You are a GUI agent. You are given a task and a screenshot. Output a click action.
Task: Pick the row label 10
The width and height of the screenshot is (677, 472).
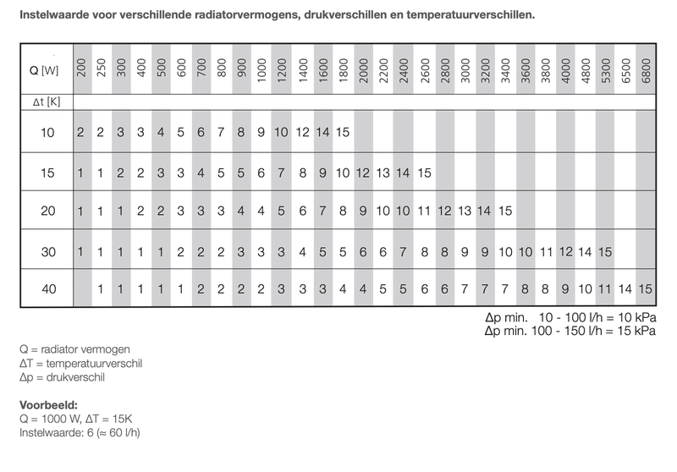tap(47, 132)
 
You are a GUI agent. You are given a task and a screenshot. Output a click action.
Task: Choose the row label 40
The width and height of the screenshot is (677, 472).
tap(47, 289)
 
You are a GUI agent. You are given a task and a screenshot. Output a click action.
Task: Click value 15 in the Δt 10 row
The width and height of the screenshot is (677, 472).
tap(343, 132)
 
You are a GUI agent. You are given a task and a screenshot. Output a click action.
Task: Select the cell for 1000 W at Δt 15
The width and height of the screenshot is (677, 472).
tap(262, 173)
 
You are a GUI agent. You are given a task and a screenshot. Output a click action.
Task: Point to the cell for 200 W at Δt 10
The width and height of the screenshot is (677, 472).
tap(80, 132)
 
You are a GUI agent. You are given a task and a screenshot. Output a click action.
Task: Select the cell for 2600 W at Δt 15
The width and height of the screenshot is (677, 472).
tap(424, 173)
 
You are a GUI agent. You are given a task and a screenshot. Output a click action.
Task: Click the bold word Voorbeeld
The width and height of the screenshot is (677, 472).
tap(49, 403)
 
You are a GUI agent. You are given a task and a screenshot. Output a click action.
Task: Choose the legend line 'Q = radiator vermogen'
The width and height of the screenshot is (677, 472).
tap(74, 349)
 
